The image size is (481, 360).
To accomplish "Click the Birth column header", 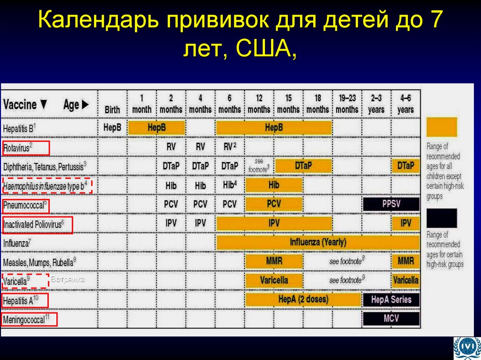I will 112,109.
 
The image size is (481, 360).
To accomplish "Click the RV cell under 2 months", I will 171,146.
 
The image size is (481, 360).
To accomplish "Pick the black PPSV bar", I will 391,204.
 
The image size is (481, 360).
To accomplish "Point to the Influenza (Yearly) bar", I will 318,243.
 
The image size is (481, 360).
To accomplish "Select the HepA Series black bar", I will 391,299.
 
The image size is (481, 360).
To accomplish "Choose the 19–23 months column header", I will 347,104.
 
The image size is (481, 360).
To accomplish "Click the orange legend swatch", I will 442,127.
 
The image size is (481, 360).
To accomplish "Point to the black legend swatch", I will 442,218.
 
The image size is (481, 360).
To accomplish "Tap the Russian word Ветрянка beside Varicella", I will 67,280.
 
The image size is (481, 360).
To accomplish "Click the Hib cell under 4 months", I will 201,185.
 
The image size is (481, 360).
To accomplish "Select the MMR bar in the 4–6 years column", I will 405,260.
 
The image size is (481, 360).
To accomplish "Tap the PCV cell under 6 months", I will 230,205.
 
